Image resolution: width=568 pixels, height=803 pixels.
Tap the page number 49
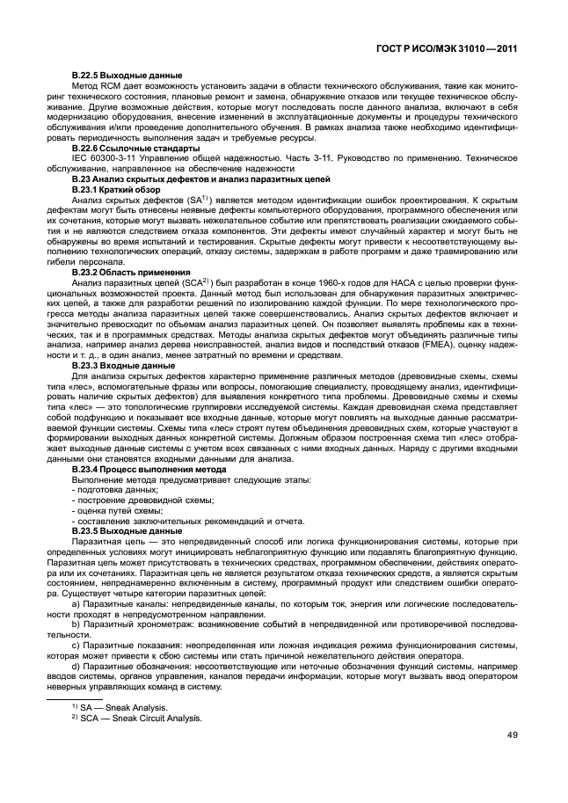click(x=512, y=736)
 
